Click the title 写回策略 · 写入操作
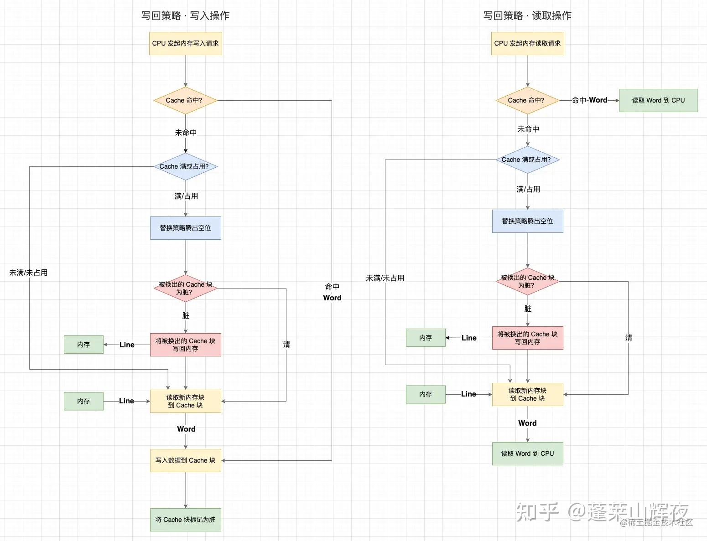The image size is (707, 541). (185, 15)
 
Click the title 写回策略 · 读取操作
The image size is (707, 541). (527, 15)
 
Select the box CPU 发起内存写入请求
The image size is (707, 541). (186, 43)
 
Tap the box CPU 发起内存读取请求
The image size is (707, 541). (527, 43)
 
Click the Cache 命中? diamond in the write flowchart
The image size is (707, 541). (185, 100)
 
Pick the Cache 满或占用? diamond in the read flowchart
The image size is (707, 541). (527, 160)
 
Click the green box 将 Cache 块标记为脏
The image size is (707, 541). (186, 520)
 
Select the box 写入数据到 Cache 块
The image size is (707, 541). (186, 460)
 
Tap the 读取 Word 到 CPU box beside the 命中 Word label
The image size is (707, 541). (658, 100)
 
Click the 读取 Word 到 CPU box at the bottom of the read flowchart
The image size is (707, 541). (527, 453)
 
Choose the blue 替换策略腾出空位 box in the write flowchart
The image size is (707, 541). (186, 228)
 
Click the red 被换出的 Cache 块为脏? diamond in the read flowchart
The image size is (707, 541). (527, 281)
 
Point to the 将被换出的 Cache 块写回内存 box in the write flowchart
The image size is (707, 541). (186, 345)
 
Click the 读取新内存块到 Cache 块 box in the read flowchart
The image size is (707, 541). (527, 394)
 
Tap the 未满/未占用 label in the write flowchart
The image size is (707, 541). (28, 273)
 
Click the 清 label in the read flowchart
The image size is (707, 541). (629, 338)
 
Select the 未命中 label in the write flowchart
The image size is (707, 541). (186, 133)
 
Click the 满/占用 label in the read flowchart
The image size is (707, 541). (528, 189)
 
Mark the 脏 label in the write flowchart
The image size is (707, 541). (186, 315)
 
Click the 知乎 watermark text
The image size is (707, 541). (538, 512)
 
